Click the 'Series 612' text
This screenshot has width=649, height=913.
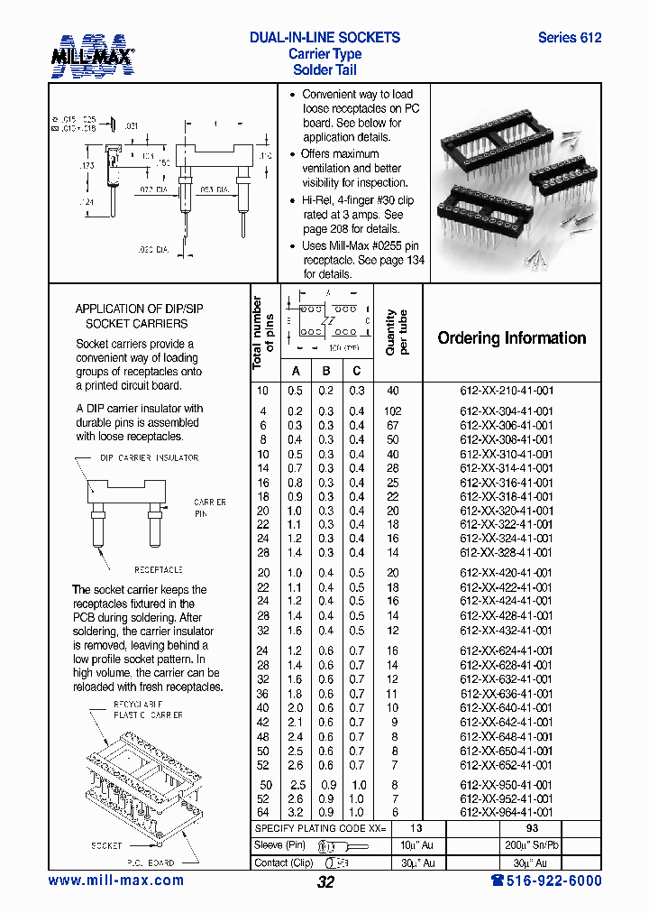tap(569, 38)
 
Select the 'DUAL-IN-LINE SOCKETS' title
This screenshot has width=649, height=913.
tap(324, 38)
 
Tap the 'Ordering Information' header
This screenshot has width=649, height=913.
tap(511, 338)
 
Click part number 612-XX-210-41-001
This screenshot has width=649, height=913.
tap(507, 391)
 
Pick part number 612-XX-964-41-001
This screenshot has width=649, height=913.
tap(507, 812)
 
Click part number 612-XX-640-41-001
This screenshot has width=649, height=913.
tap(507, 708)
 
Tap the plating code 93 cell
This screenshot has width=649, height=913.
tap(534, 828)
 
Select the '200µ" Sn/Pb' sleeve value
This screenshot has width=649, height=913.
tap(534, 846)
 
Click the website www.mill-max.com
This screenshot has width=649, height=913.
tap(115, 881)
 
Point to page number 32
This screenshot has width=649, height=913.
tap(325, 882)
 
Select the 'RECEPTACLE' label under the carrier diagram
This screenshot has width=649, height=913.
tap(159, 569)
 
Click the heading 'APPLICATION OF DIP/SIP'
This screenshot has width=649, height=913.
tap(139, 309)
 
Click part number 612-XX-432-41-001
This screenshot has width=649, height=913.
tap(507, 631)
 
